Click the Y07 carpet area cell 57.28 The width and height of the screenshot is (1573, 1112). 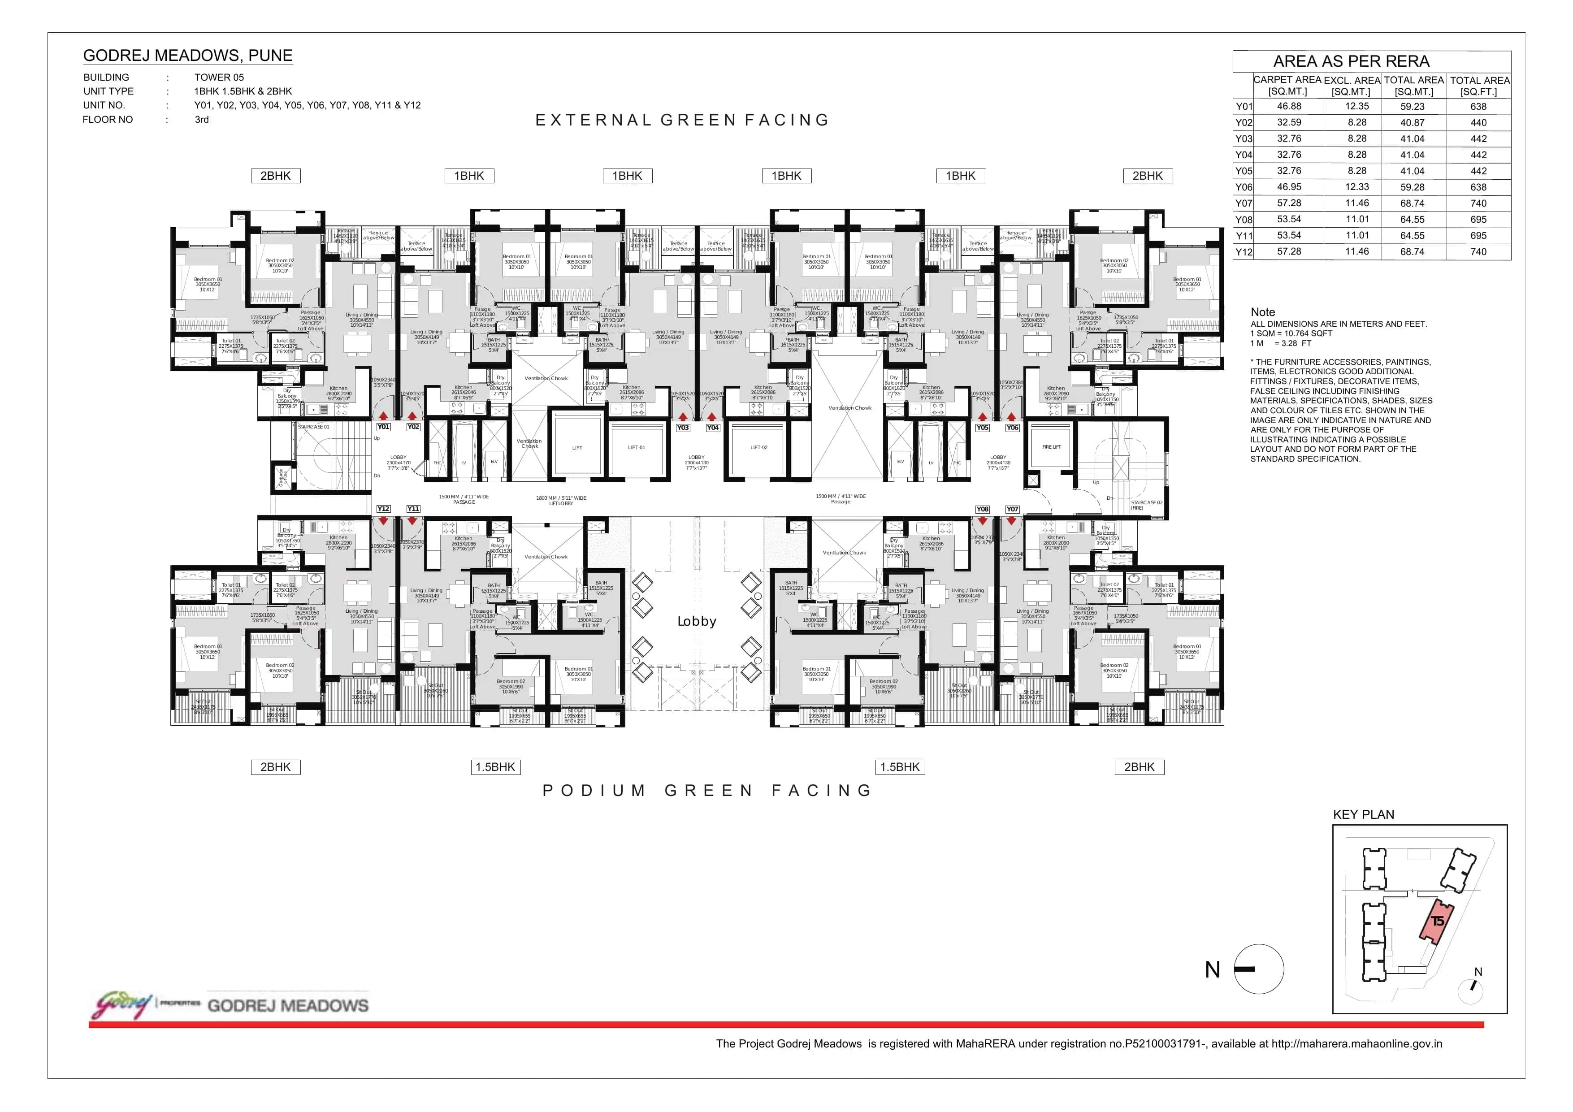(1289, 203)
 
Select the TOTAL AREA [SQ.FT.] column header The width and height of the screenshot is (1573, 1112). (1479, 86)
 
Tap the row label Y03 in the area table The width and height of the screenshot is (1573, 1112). (1244, 138)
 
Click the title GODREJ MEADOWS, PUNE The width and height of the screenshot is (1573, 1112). (188, 56)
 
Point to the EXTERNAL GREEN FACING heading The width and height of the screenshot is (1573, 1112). (682, 121)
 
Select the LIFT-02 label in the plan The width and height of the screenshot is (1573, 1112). (758, 447)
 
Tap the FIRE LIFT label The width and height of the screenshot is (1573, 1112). (1051, 447)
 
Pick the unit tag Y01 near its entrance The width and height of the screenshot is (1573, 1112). (383, 427)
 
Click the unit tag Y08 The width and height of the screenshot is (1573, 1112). (982, 509)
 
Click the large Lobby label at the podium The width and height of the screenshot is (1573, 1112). (697, 621)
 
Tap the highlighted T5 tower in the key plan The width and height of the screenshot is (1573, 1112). (1436, 921)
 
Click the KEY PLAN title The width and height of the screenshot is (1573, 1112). (1363, 815)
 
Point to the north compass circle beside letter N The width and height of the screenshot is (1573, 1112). (1259, 969)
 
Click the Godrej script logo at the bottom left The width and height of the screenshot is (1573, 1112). (122, 1005)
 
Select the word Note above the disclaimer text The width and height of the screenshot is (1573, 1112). (1263, 312)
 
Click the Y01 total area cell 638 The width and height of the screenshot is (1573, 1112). (1478, 106)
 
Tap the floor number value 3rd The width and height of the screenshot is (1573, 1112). (201, 119)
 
